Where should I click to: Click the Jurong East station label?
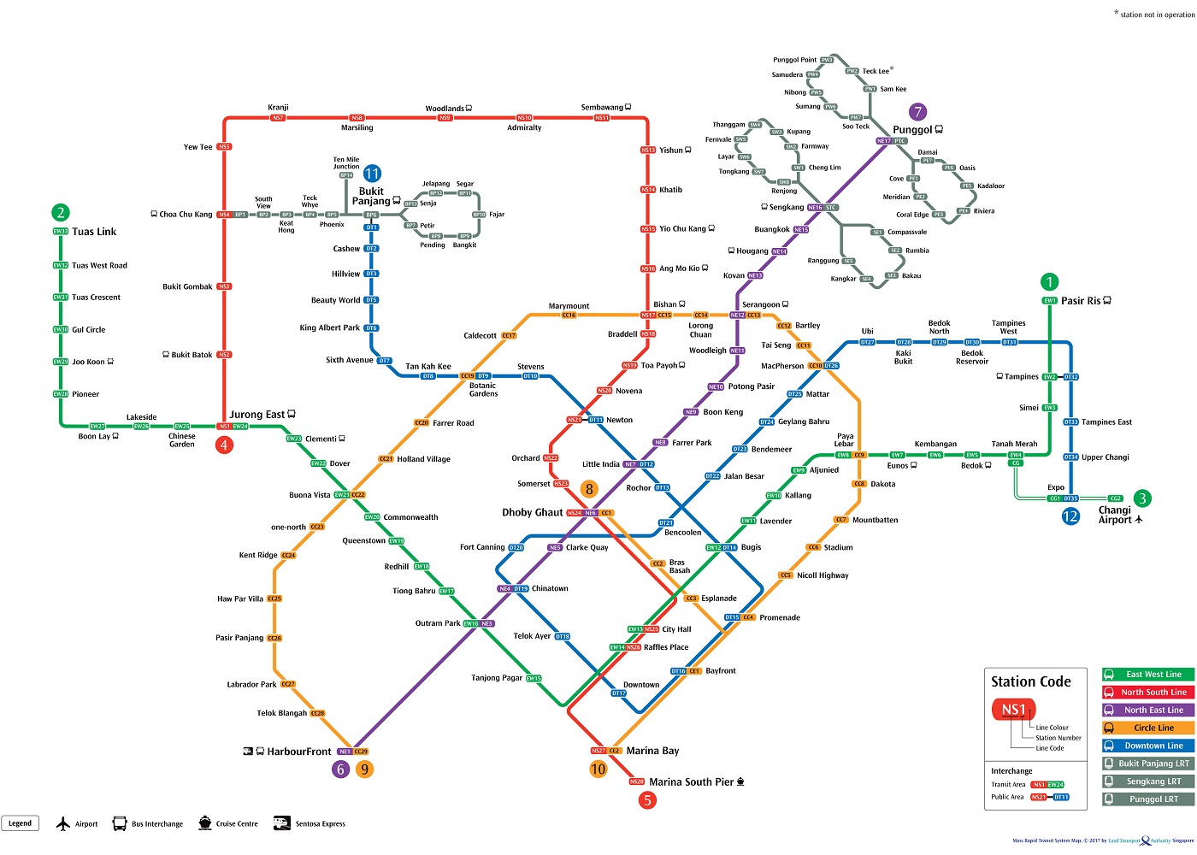[256, 415]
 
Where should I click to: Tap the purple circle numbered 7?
[918, 111]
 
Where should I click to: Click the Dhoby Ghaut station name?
[532, 512]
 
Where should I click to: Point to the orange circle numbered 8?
[589, 489]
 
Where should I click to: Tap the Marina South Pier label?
[691, 781]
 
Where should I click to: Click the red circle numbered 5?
[647, 800]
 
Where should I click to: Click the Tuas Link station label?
[94, 232]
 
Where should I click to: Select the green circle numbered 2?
[60, 212]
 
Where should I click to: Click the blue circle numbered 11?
[372, 174]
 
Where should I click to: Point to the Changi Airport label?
[1115, 515]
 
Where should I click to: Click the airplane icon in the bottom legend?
[62, 824]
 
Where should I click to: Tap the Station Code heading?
[1030, 681]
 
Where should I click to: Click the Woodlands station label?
[445, 109]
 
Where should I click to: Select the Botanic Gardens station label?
[483, 390]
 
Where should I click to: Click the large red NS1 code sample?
[1013, 710]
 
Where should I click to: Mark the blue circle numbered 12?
[1070, 516]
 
